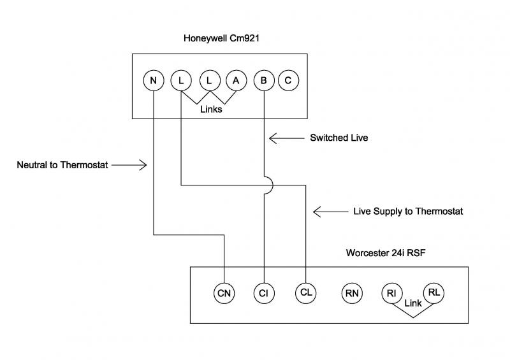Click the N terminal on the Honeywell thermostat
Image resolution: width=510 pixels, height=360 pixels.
153,80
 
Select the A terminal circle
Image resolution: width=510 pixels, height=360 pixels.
236,80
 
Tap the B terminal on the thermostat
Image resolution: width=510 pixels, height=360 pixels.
263,80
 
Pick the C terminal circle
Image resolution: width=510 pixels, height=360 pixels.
288,80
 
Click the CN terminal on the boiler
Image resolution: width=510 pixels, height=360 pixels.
224,293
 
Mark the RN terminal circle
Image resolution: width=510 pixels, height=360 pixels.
352,293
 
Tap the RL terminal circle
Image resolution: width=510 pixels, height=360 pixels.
433,292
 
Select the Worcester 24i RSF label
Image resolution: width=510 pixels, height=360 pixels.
386,252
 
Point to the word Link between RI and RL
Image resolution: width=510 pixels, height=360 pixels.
413,304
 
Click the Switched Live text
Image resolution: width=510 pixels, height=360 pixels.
339,137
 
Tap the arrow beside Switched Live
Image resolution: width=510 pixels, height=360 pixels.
284,137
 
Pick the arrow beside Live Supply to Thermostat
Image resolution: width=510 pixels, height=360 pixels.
329,211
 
